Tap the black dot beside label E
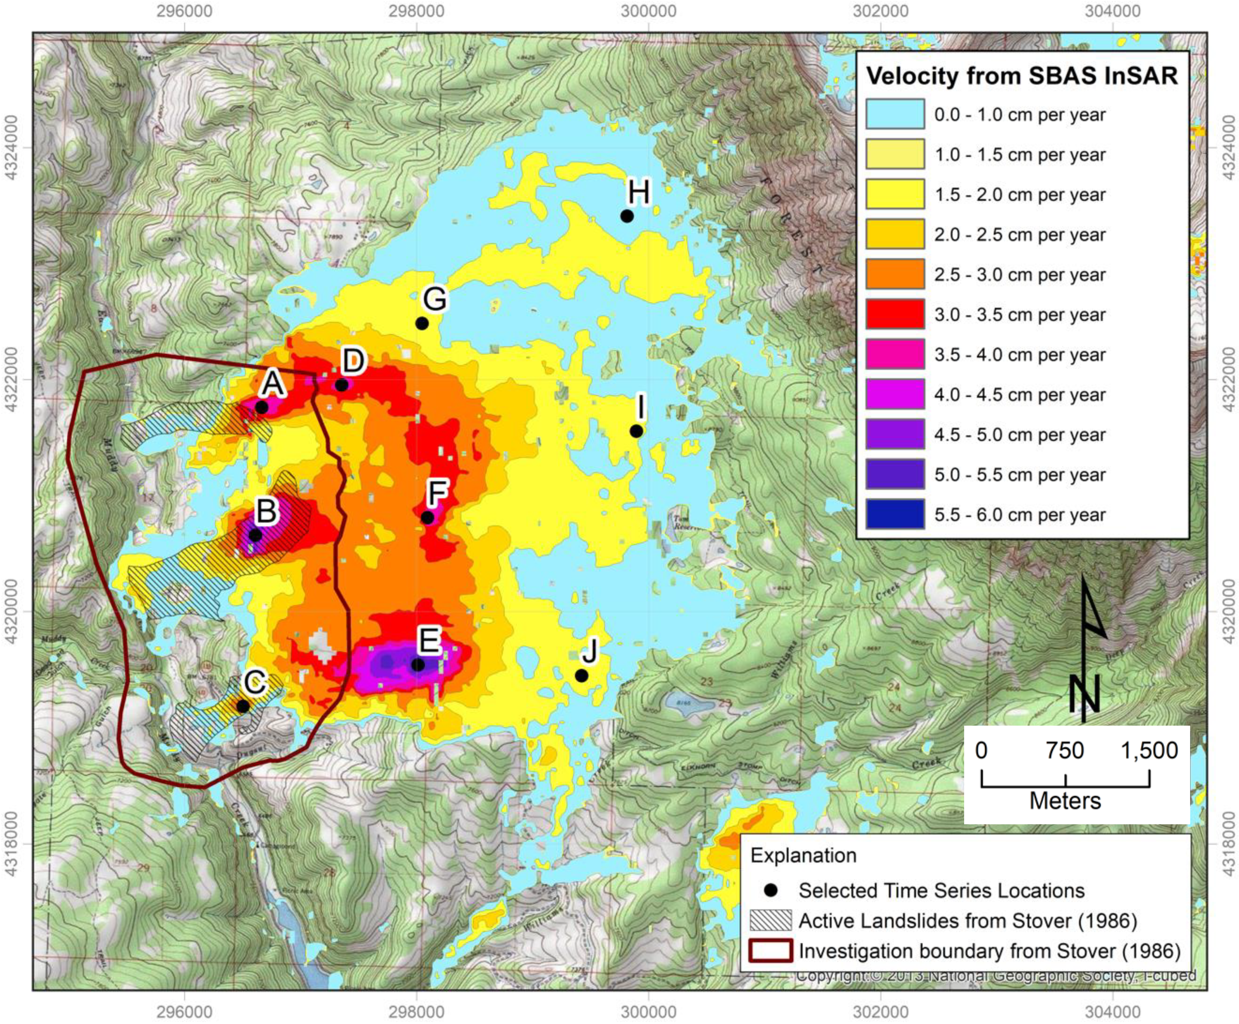[x=417, y=665]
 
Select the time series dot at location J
[x=581, y=676]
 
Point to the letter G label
[x=435, y=299]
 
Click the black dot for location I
[x=636, y=431]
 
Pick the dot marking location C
[x=243, y=706]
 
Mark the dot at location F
[x=427, y=518]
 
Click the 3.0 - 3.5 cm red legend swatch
[x=894, y=314]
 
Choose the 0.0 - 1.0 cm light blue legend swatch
[x=894, y=114]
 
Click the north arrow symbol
[x=1086, y=649]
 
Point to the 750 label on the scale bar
[x=1065, y=750]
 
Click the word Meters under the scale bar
[x=1065, y=801]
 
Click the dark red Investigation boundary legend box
[x=770, y=951]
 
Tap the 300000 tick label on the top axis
[x=648, y=11]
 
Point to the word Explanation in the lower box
[x=803, y=855]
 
